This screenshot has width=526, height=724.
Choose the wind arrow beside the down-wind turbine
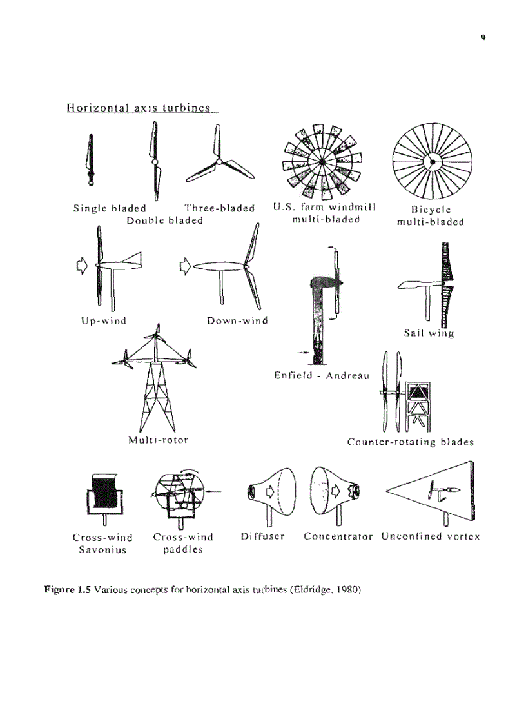pyautogui.click(x=185, y=264)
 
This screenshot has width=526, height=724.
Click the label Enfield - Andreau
pyautogui.click(x=321, y=375)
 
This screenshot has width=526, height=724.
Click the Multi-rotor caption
pyautogui.click(x=158, y=440)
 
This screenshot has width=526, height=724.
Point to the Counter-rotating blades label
pyautogui.click(x=411, y=442)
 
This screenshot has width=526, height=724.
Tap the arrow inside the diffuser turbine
pyautogui.click(x=271, y=492)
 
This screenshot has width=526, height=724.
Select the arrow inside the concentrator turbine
pyautogui.click(x=335, y=492)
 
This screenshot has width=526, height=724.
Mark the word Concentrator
pyautogui.click(x=338, y=536)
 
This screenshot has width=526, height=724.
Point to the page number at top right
pyautogui.click(x=482, y=37)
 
